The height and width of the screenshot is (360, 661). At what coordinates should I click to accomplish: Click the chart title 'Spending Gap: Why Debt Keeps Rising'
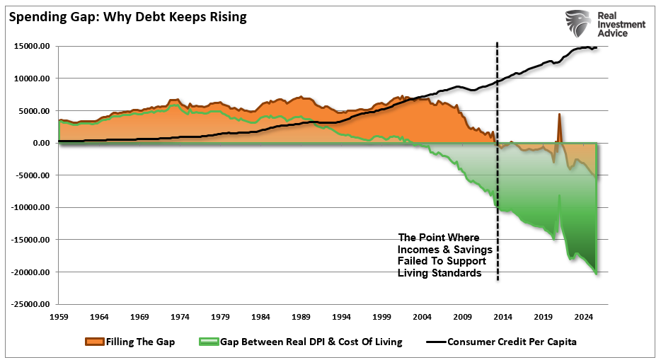pos(128,16)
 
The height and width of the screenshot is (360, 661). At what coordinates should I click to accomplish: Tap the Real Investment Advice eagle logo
pos(579,23)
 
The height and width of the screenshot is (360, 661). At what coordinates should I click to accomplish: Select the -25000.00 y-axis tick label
pos(32,304)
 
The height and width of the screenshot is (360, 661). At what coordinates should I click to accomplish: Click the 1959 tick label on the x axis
pos(59,317)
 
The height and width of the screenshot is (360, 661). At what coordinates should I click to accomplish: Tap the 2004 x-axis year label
pos(423,317)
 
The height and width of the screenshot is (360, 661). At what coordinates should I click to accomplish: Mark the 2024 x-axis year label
pos(585,317)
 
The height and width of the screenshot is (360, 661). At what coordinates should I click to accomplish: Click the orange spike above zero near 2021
pos(559,124)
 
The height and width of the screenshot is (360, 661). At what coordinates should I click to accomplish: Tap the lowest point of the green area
pos(596,273)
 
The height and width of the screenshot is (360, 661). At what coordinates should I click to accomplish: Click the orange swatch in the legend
pos(96,342)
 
